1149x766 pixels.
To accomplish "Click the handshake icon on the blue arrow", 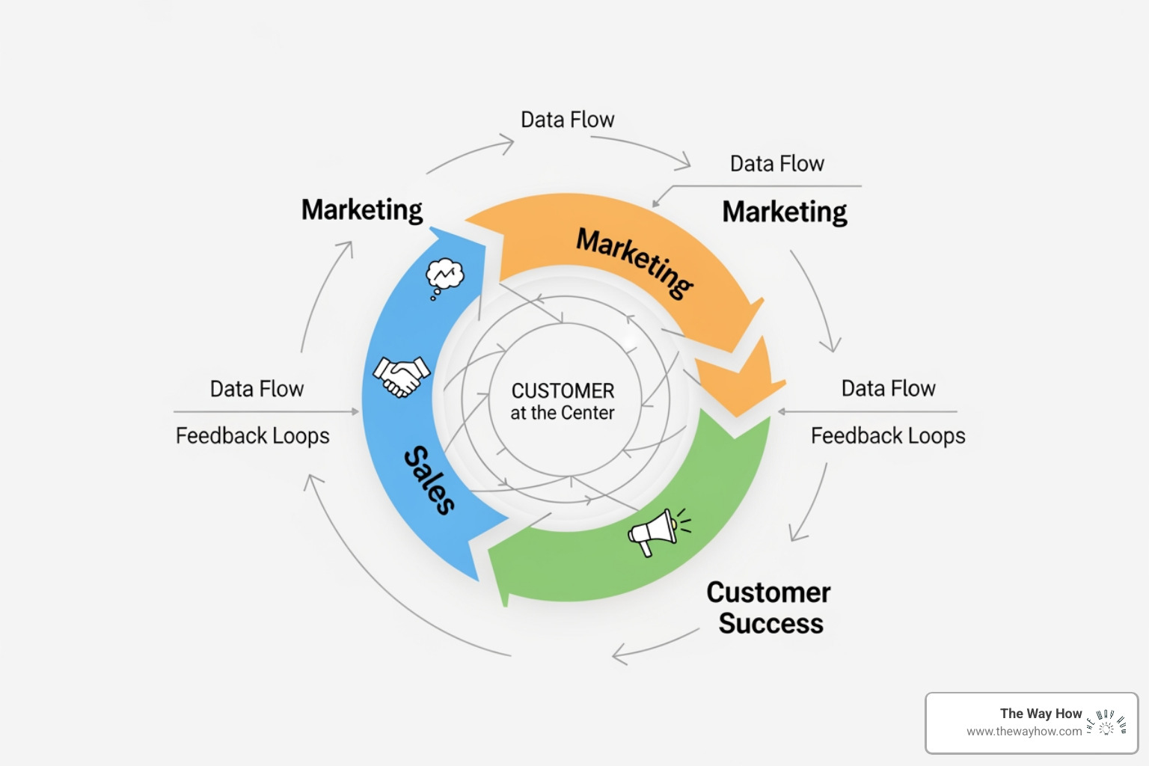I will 402,376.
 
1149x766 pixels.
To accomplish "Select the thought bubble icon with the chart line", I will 444,278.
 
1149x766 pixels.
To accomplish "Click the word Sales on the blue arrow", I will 429,480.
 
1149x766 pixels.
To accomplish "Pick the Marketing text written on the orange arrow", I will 635,263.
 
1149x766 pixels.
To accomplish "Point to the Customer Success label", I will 769,607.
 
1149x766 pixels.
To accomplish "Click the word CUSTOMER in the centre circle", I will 563,390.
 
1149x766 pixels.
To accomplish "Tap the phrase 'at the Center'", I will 563,413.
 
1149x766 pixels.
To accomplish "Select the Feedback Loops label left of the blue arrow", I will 252,435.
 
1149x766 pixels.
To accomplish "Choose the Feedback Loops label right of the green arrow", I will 888,435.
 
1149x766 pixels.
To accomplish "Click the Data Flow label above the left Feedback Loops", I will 257,389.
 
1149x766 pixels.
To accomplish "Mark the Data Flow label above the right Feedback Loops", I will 888,388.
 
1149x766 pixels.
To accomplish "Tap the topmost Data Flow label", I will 567,120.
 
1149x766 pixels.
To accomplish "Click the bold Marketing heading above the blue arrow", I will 362,209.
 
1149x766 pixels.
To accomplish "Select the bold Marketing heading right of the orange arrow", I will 784,212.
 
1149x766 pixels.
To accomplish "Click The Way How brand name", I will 1041,714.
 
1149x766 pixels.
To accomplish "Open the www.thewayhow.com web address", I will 1023,732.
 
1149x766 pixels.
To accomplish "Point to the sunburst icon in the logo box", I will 1106,723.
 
